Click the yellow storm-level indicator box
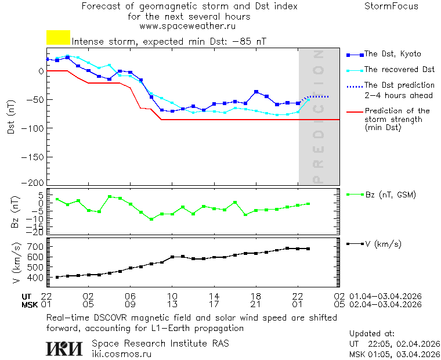coord(58,38)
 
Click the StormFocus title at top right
coord(391,6)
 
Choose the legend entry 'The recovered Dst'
coord(399,70)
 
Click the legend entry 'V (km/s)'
coord(383,244)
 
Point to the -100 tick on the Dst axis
coord(33,127)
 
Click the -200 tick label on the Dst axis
coord(33,182)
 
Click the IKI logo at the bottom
coord(65,348)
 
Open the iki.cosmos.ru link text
coord(122,353)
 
